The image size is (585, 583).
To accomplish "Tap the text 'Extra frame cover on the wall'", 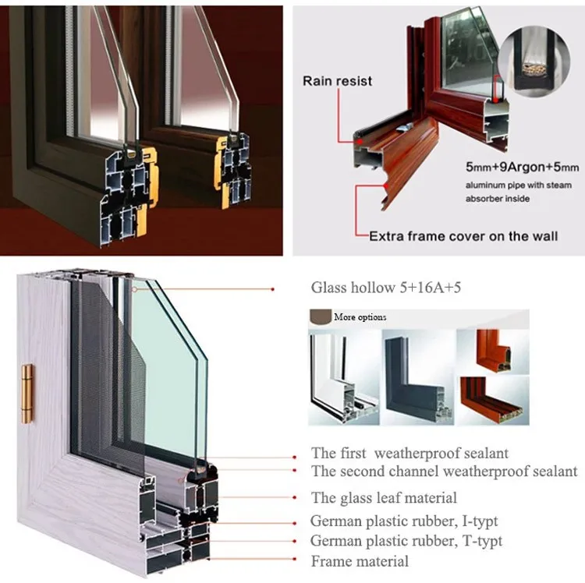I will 463,235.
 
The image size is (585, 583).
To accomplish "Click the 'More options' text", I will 360,317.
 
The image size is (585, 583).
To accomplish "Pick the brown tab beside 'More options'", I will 320,317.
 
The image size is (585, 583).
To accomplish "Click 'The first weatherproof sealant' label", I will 409,453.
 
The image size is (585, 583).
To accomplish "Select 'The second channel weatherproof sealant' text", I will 444,471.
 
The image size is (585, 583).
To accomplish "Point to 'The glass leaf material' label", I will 384,497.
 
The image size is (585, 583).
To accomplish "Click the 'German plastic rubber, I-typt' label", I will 404,521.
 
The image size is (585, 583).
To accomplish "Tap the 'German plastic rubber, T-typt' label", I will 406,540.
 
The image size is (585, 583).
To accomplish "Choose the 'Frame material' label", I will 360,560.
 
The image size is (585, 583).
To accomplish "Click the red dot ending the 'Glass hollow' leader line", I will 272,289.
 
